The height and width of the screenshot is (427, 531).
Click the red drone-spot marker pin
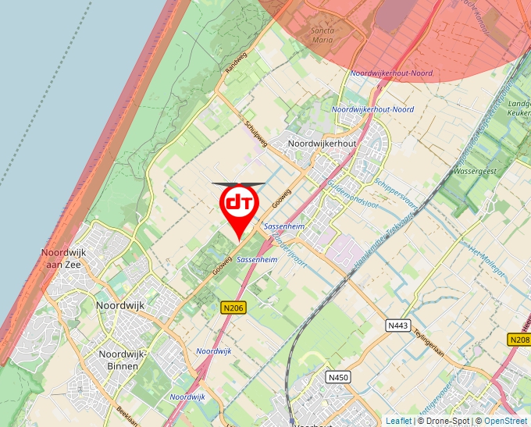[239, 205]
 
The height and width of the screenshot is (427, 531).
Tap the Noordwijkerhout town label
[323, 144]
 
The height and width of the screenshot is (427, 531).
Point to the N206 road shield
[233, 308]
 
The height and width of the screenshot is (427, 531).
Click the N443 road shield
[398, 324]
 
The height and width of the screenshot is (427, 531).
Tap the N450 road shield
[337, 378]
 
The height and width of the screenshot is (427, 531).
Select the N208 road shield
[519, 340]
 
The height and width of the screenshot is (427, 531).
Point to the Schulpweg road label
[255, 133]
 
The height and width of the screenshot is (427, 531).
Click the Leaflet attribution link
[398, 421]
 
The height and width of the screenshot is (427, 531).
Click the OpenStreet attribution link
[507, 421]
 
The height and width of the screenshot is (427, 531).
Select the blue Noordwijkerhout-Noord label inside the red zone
[391, 73]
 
